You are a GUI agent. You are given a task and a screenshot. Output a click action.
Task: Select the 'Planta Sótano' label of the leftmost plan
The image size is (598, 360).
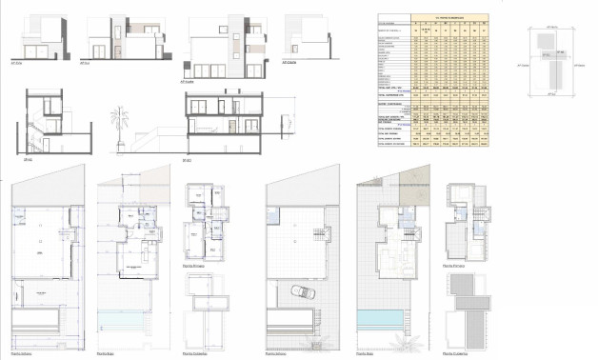click(23, 351)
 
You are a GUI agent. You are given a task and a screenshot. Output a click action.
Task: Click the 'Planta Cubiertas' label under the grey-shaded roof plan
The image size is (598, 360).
click(457, 351)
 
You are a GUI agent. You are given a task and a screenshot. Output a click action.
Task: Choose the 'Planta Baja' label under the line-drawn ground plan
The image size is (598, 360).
click(107, 351)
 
